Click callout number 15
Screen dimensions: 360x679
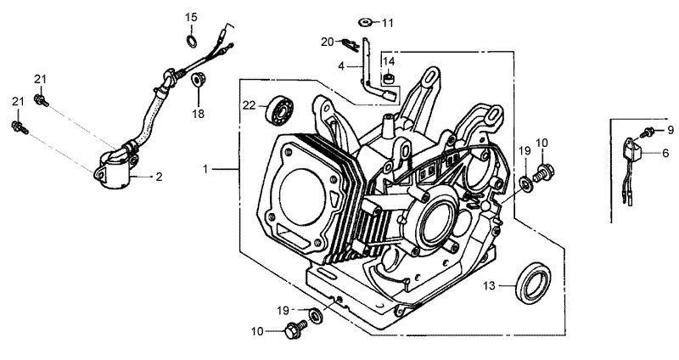pos(191,17)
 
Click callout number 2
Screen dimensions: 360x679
pos(157,177)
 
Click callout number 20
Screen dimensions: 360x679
pos(327,41)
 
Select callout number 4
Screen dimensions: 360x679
pos(341,65)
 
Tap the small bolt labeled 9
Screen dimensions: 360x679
pos(648,131)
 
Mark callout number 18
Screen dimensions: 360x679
pos(198,113)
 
